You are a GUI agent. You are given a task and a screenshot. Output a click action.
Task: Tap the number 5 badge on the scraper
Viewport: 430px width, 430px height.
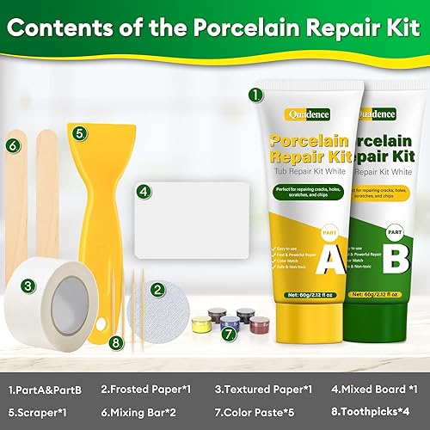(x=79, y=133)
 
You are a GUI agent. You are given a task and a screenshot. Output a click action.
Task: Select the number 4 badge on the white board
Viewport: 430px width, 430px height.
(x=144, y=192)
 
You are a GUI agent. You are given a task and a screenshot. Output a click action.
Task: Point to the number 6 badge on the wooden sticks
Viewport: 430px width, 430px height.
(x=12, y=146)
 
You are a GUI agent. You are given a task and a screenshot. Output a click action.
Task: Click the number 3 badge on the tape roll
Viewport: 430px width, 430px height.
(x=28, y=286)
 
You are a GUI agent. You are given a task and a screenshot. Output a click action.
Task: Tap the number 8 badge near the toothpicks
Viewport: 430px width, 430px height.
(x=117, y=341)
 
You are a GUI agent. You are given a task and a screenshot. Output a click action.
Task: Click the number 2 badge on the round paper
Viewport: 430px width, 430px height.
(x=157, y=290)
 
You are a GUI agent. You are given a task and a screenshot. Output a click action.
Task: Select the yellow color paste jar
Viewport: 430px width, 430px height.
(x=200, y=324)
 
